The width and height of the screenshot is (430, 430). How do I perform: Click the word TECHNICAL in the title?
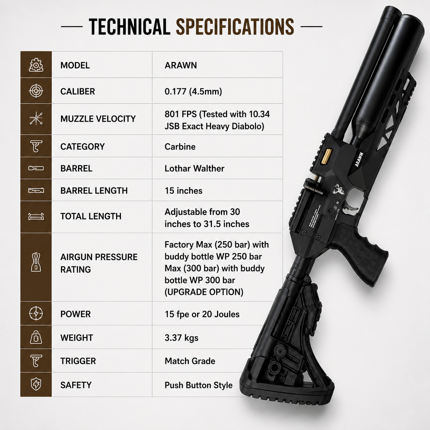tap(129, 27)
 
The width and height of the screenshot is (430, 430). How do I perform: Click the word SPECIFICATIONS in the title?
tap(235, 27)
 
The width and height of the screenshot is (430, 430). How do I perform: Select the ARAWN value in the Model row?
tap(181, 65)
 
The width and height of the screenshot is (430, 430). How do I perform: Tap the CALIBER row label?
tap(77, 92)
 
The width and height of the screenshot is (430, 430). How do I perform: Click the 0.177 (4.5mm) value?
tap(193, 92)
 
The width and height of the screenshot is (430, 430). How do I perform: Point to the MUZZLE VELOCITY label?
tap(98, 119)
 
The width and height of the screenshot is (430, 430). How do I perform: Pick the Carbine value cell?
tap(180, 147)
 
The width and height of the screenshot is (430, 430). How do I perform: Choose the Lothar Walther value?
tap(194, 168)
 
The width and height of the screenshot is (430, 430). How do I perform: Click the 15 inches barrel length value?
tap(184, 191)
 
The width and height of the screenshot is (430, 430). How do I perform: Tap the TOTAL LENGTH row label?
tap(91, 216)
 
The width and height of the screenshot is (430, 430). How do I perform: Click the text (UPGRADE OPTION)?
tap(204, 292)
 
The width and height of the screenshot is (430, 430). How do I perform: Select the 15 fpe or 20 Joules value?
tap(202, 314)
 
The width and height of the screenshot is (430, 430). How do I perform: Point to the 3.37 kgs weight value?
tap(181, 338)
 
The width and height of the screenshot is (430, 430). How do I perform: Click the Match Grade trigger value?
tap(190, 361)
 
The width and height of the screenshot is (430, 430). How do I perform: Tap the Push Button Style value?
tap(199, 385)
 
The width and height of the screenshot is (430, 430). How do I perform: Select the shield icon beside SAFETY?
tap(36, 384)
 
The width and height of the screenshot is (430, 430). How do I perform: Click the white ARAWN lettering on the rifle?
tap(359, 159)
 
